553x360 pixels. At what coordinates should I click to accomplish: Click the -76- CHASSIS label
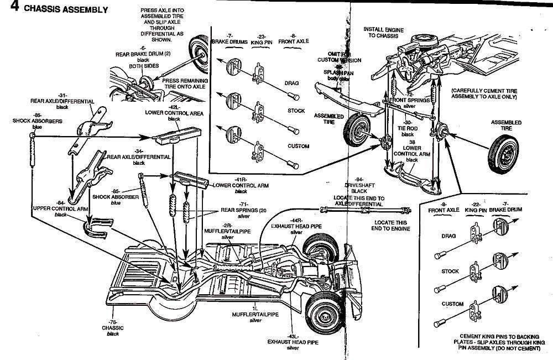(x=113, y=328)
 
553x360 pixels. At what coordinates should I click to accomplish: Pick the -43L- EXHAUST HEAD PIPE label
(x=293, y=341)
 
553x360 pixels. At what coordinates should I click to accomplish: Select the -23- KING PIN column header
(x=262, y=38)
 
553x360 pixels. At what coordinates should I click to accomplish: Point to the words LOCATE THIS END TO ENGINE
(x=387, y=225)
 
